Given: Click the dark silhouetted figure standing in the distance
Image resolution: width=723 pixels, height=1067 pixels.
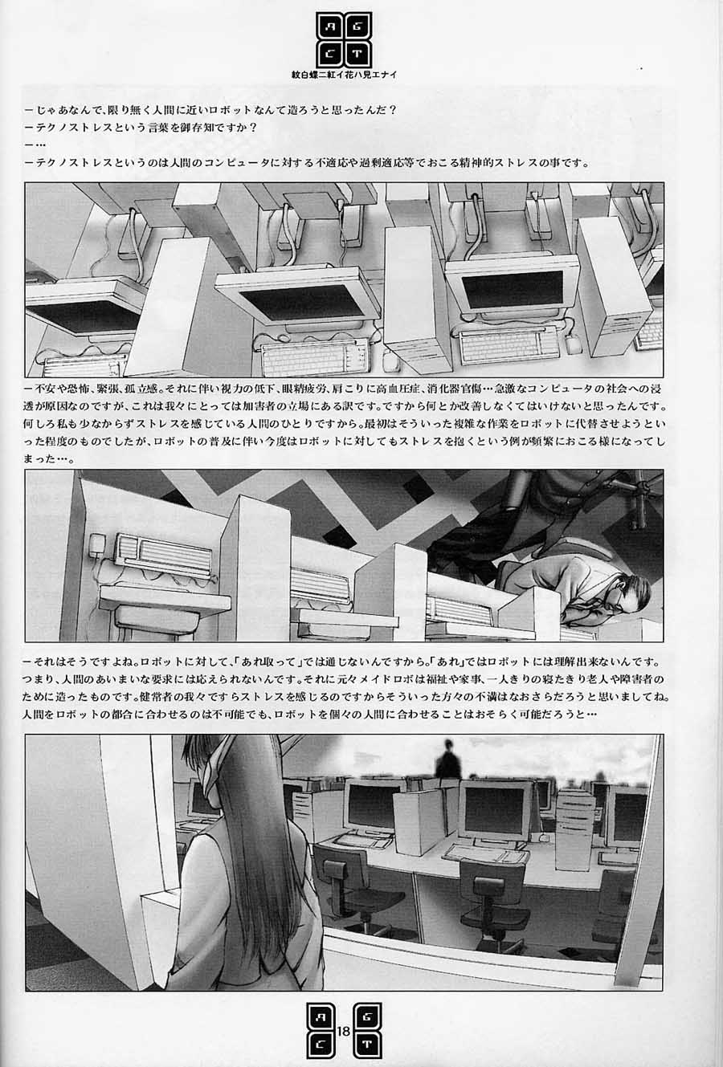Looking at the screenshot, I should click(x=447, y=761).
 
